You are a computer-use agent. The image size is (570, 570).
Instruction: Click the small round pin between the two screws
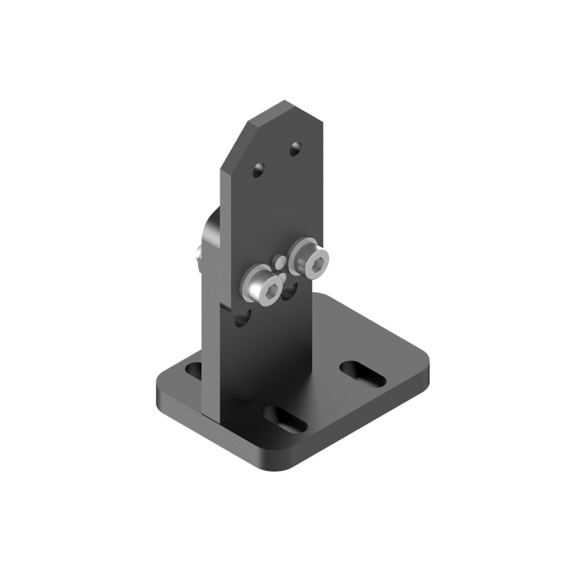point(280,262)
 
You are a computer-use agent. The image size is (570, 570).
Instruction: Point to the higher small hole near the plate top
point(295,149)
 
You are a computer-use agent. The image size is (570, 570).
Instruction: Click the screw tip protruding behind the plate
point(196,253)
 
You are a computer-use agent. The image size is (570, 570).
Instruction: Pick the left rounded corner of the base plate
point(160,385)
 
